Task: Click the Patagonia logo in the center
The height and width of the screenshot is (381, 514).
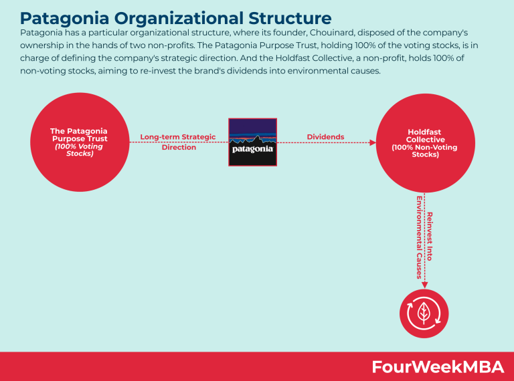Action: point(252,142)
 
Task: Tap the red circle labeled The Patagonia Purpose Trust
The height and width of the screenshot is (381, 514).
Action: point(80,142)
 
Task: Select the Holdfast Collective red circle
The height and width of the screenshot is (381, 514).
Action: point(425,143)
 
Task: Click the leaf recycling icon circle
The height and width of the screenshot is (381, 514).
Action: point(424,313)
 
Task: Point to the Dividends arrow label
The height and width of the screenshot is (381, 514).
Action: point(325,137)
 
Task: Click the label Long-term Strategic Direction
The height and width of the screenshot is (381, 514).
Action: point(178,142)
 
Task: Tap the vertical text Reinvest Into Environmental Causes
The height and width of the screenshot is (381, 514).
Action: point(424,237)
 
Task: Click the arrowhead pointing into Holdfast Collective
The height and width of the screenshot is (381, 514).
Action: point(372,142)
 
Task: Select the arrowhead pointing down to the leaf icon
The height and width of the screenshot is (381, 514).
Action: point(424,285)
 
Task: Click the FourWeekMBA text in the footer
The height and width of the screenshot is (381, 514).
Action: point(438,366)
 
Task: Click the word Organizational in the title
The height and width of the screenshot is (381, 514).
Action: point(179,18)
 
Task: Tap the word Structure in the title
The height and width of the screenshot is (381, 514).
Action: point(290,17)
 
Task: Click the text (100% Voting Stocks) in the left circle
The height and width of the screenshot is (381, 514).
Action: point(79,150)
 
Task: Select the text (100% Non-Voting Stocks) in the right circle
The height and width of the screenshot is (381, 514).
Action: point(425,151)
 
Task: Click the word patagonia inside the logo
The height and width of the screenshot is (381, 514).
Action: point(252,149)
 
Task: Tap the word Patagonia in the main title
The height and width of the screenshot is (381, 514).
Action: point(64,18)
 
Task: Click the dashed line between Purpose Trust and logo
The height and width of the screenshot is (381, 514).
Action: point(179,142)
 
